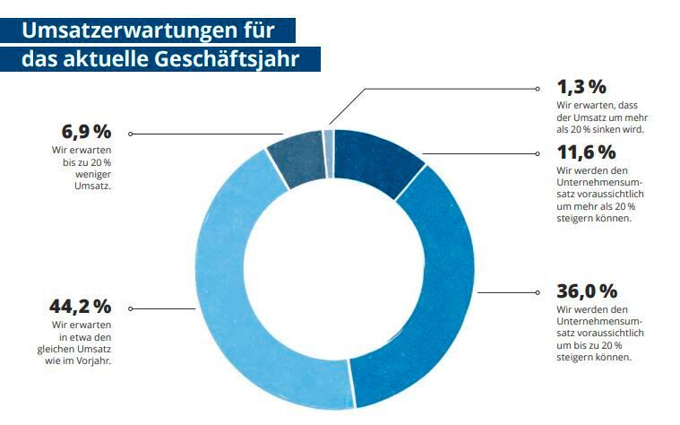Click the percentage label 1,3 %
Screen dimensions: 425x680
pyautogui.click(x=581, y=87)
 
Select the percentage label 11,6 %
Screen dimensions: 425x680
pyautogui.click(x=587, y=152)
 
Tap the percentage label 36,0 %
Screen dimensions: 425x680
pyautogui.click(x=587, y=291)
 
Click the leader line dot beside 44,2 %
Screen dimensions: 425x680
pyautogui.click(x=131, y=308)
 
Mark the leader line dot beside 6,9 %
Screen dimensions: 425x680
pyautogui.click(x=131, y=134)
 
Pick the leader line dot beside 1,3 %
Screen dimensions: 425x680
pyautogui.click(x=537, y=90)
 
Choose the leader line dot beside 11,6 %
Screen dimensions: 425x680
pyautogui.click(x=537, y=154)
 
